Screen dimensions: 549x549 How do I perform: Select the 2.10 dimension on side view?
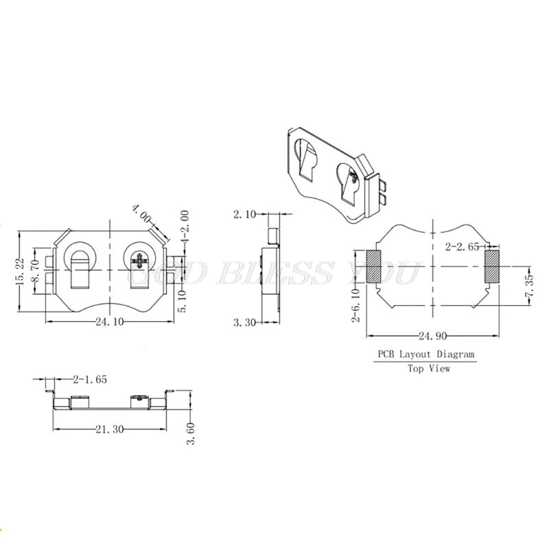click(x=244, y=215)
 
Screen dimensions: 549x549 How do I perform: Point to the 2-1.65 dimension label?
click(x=89, y=378)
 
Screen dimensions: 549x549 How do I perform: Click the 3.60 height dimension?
click(x=192, y=432)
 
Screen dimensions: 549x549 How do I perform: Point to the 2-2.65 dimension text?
click(x=463, y=246)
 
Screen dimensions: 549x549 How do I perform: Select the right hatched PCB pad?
click(x=492, y=267)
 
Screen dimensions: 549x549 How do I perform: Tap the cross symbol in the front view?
click(x=141, y=261)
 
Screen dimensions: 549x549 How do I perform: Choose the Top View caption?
click(x=429, y=369)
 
